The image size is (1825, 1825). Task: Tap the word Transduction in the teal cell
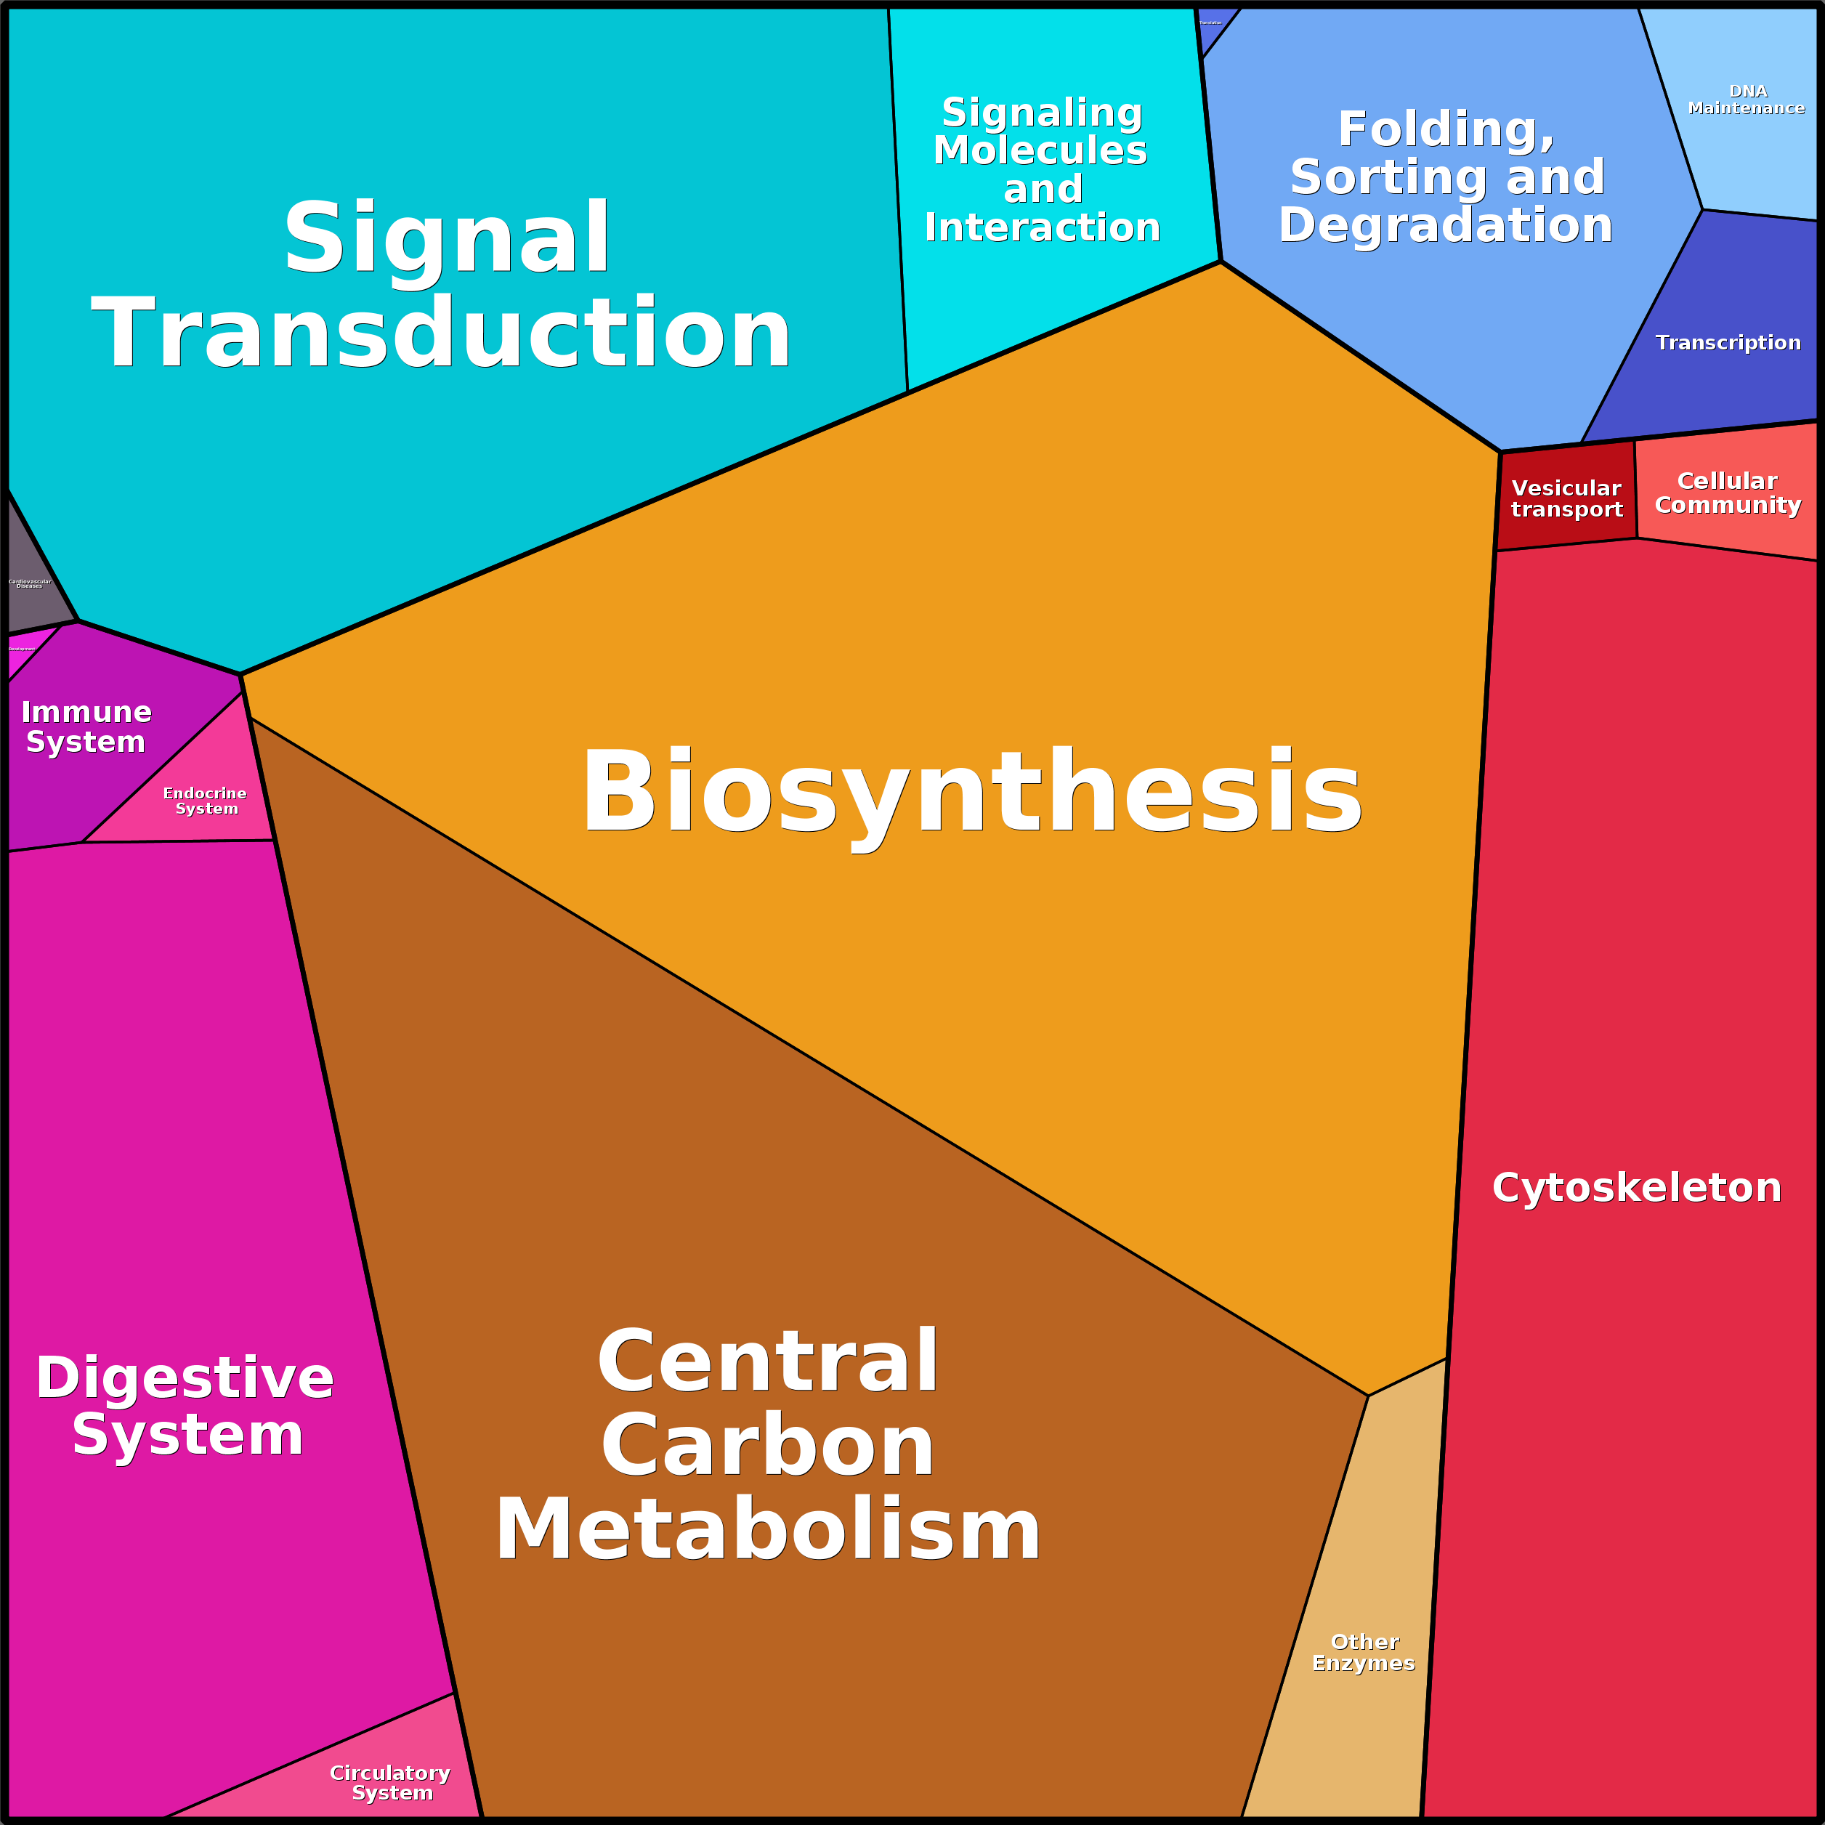pyautogui.click(x=441, y=333)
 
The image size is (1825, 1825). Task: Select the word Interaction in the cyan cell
pyautogui.click(x=1042, y=227)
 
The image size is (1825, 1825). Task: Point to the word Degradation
pyautogui.click(x=1445, y=224)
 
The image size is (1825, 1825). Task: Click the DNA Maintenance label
pyautogui.click(x=1747, y=100)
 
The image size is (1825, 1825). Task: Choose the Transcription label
pyautogui.click(x=1728, y=343)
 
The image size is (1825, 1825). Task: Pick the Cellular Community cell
pyautogui.click(x=1728, y=493)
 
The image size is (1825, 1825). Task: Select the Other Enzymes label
pyautogui.click(x=1363, y=1653)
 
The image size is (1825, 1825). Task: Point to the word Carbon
pyautogui.click(x=767, y=1446)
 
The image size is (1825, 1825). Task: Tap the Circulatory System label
pyautogui.click(x=390, y=1782)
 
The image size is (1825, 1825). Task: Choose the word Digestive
pyautogui.click(x=185, y=1378)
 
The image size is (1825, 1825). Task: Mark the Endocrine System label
pyautogui.click(x=205, y=801)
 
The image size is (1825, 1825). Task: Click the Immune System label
pyautogui.click(x=86, y=727)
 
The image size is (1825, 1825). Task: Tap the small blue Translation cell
pyautogui.click(x=1211, y=24)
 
